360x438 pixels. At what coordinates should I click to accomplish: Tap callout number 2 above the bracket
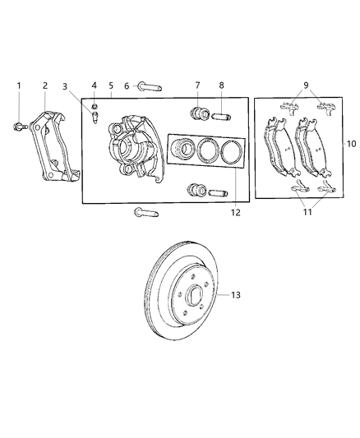pyautogui.click(x=44, y=85)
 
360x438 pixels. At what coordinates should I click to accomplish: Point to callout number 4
pyautogui.click(x=94, y=85)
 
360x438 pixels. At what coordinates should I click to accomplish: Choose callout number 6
pyautogui.click(x=127, y=85)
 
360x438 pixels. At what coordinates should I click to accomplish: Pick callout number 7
pyautogui.click(x=197, y=85)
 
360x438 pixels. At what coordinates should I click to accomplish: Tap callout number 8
pyautogui.click(x=220, y=85)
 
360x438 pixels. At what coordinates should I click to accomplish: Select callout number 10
pyautogui.click(x=351, y=143)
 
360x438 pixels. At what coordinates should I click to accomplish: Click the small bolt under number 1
pyautogui.click(x=18, y=126)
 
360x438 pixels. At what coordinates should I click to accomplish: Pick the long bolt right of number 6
pyautogui.click(x=152, y=86)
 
